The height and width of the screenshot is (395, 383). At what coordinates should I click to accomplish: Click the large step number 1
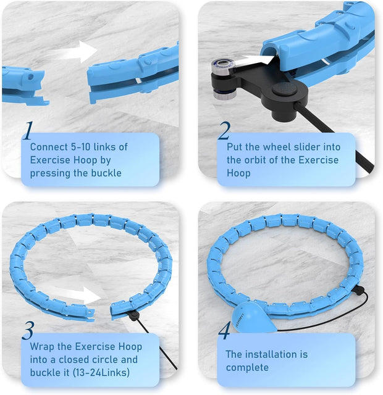point(28,130)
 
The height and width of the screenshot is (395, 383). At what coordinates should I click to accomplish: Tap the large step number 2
point(224,130)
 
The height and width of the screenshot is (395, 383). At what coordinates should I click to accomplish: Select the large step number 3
point(28,330)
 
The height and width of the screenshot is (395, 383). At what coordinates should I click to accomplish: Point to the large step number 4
point(224,330)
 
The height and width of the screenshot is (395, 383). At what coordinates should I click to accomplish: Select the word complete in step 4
point(247,368)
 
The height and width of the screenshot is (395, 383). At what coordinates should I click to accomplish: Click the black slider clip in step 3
point(133,315)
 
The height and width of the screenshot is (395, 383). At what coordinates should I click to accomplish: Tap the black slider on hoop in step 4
point(358,291)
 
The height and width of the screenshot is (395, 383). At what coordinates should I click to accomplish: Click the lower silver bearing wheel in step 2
point(225,93)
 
